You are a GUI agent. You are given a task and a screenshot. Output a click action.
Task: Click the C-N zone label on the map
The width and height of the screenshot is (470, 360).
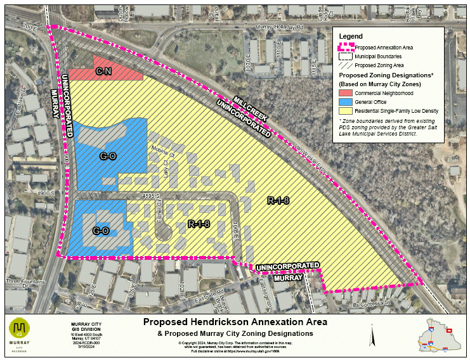(104, 72)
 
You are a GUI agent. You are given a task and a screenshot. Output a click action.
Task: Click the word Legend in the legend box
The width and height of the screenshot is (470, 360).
(351, 36)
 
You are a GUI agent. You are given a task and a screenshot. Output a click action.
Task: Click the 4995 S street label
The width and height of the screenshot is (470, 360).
(150, 195)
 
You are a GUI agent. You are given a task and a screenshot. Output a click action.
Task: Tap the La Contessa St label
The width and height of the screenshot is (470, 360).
(372, 305)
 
